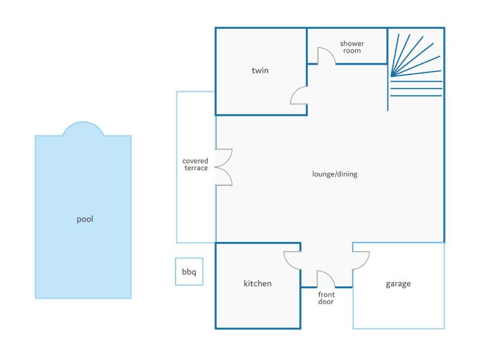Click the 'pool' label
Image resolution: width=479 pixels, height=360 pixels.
(x=85, y=219)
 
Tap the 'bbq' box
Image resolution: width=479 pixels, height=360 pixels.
(x=189, y=272)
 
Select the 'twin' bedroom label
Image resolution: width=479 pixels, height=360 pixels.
(x=260, y=71)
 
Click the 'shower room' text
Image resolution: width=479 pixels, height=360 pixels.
(x=352, y=48)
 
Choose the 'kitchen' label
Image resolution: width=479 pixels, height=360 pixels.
(x=257, y=283)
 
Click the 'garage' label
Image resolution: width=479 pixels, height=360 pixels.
(x=398, y=284)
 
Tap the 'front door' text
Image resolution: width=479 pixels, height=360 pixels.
(x=326, y=298)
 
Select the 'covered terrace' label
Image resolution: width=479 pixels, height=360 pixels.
(x=195, y=165)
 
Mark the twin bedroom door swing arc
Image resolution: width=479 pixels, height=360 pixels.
(x=298, y=95)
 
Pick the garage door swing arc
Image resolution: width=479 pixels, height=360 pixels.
(x=361, y=260)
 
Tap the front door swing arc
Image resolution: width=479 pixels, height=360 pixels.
(x=326, y=278)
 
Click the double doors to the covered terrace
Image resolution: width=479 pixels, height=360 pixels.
(x=223, y=167)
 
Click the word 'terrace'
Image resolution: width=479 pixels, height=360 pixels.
(x=195, y=169)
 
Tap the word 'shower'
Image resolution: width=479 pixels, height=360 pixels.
(x=352, y=44)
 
